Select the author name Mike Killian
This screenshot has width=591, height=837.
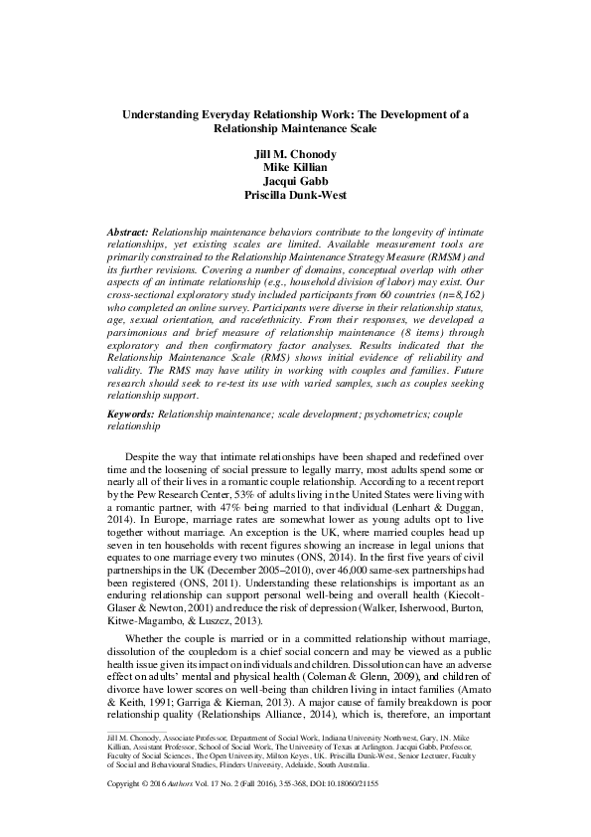point(295,168)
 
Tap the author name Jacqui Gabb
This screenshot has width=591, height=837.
point(295,182)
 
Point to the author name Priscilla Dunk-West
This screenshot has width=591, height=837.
point(295,196)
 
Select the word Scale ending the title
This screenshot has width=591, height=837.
point(364,128)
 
